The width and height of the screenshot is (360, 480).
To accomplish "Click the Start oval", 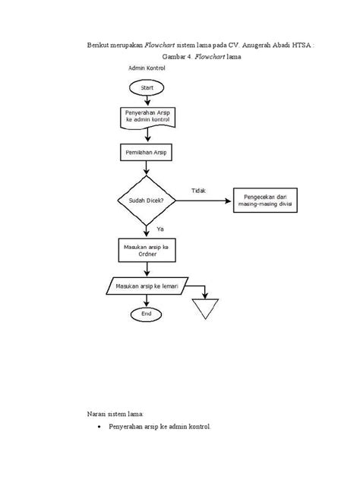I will pyautogui.click(x=147, y=89).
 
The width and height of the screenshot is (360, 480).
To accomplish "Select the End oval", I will pyautogui.click(x=147, y=313).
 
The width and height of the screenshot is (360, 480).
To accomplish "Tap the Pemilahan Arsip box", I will pyautogui.click(x=147, y=153).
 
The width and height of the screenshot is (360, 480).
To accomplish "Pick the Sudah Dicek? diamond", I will pyautogui.click(x=147, y=201).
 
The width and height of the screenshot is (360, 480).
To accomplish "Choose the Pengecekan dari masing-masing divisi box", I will pyautogui.click(x=269, y=201).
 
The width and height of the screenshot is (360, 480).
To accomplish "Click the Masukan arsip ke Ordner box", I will pyautogui.click(x=147, y=250).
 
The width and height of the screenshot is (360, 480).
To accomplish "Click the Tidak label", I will pyautogui.click(x=198, y=190).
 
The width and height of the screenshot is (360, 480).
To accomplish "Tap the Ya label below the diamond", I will pyautogui.click(x=160, y=228).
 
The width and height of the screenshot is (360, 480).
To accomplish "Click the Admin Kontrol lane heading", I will pyautogui.click(x=147, y=68).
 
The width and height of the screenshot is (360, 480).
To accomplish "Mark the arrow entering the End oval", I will pyautogui.click(x=147, y=303).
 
